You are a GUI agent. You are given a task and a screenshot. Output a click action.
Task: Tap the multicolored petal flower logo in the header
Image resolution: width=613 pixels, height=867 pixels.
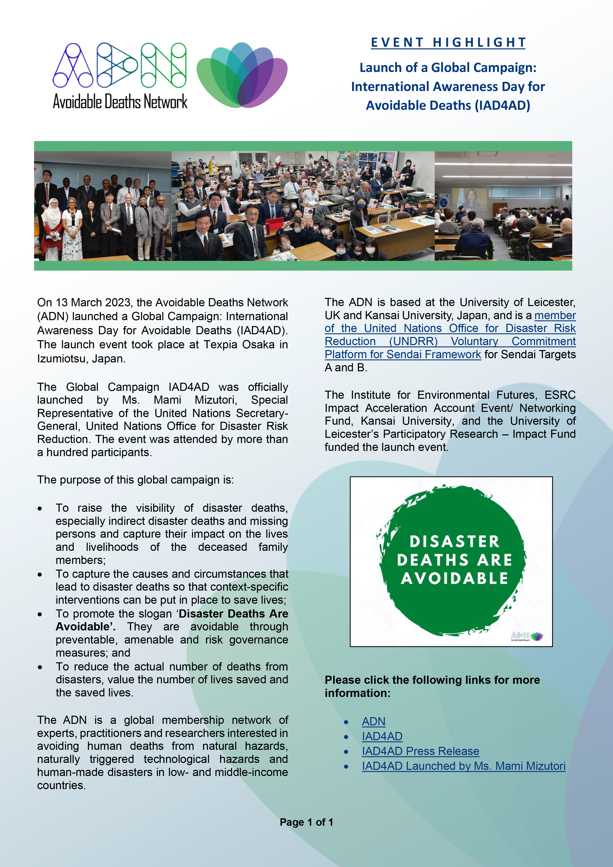[x=242, y=75]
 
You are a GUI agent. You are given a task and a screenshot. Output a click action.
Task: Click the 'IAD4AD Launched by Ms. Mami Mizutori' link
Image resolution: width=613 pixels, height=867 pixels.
[x=463, y=766]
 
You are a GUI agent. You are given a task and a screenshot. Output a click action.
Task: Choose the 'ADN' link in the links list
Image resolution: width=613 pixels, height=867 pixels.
[x=373, y=722]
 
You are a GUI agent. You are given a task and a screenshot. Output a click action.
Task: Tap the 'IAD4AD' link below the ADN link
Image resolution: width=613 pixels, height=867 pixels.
[x=382, y=736]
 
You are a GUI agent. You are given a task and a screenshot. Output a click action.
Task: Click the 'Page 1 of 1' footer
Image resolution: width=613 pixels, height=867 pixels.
[x=306, y=822]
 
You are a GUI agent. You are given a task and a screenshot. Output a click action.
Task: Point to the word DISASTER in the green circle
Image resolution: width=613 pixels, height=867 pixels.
[x=454, y=541]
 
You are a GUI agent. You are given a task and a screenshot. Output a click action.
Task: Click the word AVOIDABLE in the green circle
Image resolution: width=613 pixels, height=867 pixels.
[x=454, y=578]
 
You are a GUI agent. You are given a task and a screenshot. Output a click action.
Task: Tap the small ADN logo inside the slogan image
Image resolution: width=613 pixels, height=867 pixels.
[x=527, y=636]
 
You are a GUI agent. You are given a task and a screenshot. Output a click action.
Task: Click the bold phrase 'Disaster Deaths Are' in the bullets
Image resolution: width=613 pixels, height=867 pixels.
[x=233, y=614]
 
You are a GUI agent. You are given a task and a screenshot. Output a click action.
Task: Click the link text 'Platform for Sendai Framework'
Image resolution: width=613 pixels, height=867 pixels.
[x=403, y=355]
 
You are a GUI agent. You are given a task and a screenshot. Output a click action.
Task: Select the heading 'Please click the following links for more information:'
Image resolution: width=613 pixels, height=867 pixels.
[x=432, y=686]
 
